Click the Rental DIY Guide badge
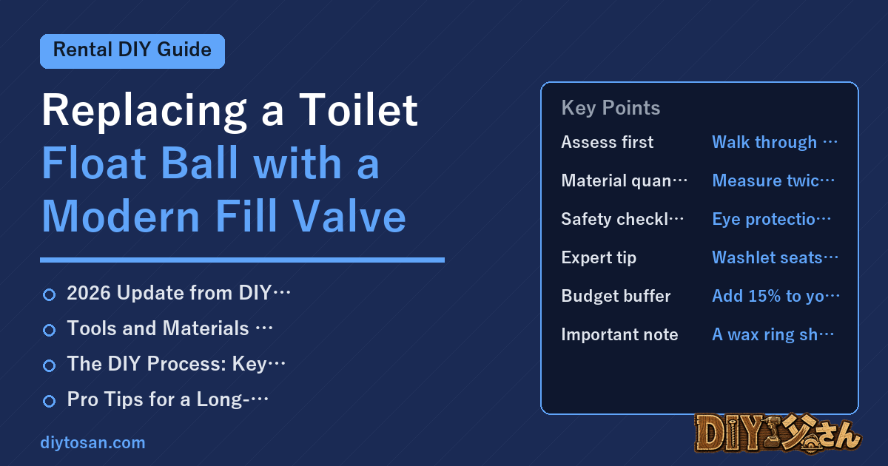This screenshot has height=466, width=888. pos(132,51)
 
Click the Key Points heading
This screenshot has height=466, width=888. pos(610,108)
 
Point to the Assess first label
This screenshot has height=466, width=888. pos(607,142)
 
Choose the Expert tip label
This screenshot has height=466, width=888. pos(599,258)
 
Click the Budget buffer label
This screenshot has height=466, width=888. pos(616,296)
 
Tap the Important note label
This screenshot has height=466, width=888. pos(619,334)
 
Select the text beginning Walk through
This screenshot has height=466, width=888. pos(775,142)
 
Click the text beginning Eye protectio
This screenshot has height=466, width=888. pos(771,219)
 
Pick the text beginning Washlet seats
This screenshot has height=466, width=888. pos(775,257)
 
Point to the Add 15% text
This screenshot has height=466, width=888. pos(776,296)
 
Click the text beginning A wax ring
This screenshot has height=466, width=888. pos(773,334)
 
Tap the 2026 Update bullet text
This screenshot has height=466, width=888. pos(178,293)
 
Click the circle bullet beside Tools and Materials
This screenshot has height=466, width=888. pos(49,330)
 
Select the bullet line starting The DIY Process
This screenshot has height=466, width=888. pos(176,364)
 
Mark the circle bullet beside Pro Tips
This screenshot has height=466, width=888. pos(49,401)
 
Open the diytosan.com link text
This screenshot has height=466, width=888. pos(92,442)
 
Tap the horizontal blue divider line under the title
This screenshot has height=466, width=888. pos(242,260)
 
